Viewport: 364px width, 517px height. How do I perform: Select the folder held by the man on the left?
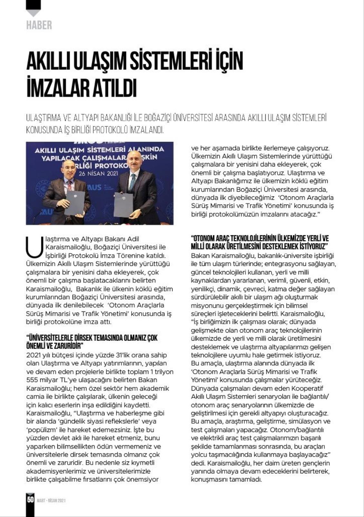point(74,203)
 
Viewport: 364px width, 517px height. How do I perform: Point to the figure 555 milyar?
point(43,380)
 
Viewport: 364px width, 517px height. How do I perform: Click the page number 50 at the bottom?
point(30,500)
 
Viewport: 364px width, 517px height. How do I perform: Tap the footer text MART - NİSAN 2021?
point(51,500)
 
